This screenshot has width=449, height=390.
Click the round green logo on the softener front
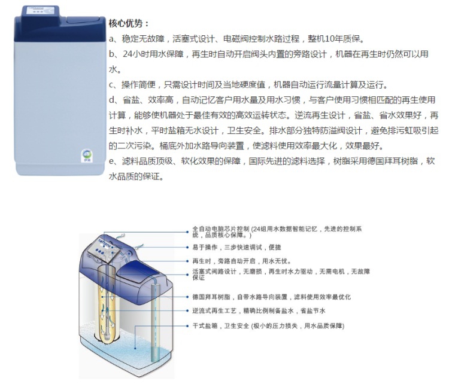[x=86, y=154]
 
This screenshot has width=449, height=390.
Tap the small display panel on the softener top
[x=40, y=11]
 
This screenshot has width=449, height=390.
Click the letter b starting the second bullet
[x=111, y=54]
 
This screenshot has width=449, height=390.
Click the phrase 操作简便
[x=138, y=85]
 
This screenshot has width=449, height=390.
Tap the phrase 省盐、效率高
[x=148, y=100]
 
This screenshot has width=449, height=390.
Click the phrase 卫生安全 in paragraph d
[x=244, y=130]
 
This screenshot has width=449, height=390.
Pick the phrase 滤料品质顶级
[x=147, y=161]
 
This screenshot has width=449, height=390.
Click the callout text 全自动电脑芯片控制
[x=221, y=229]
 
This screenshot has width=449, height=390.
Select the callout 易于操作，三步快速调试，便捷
[x=236, y=247]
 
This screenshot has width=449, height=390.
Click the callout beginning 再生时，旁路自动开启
[x=242, y=261]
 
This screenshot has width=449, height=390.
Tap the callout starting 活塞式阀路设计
[x=281, y=274]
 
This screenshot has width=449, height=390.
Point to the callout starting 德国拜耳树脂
[x=271, y=297]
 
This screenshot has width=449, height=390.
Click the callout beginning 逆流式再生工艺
[x=259, y=310]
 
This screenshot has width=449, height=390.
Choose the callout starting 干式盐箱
[x=268, y=325]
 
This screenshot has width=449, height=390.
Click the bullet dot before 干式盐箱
[x=187, y=325]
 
